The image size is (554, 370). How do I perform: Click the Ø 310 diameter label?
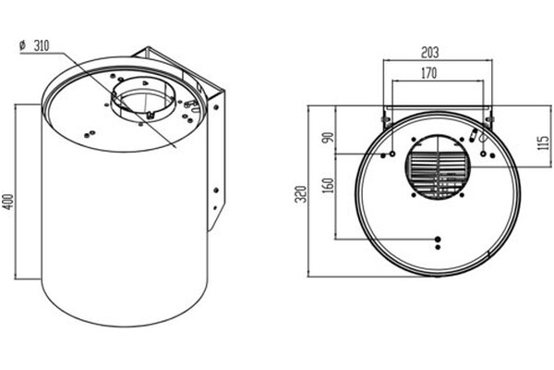pyautogui.click(x=35, y=45)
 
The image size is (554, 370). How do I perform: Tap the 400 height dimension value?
pyautogui.click(x=8, y=203)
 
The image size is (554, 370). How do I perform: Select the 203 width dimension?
pyautogui.click(x=430, y=53)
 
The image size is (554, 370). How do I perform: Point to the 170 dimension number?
pyautogui.click(x=429, y=73)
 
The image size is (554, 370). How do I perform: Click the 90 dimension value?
pyautogui.click(x=329, y=138)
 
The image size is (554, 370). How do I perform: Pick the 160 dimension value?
pyautogui.click(x=329, y=185)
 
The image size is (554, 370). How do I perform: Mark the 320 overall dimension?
pyautogui.click(x=301, y=194)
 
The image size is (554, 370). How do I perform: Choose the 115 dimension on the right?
pyautogui.click(x=544, y=142)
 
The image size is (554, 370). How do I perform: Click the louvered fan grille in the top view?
pyautogui.click(x=438, y=167)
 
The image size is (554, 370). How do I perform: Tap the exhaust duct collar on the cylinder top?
pyautogui.click(x=143, y=99)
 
